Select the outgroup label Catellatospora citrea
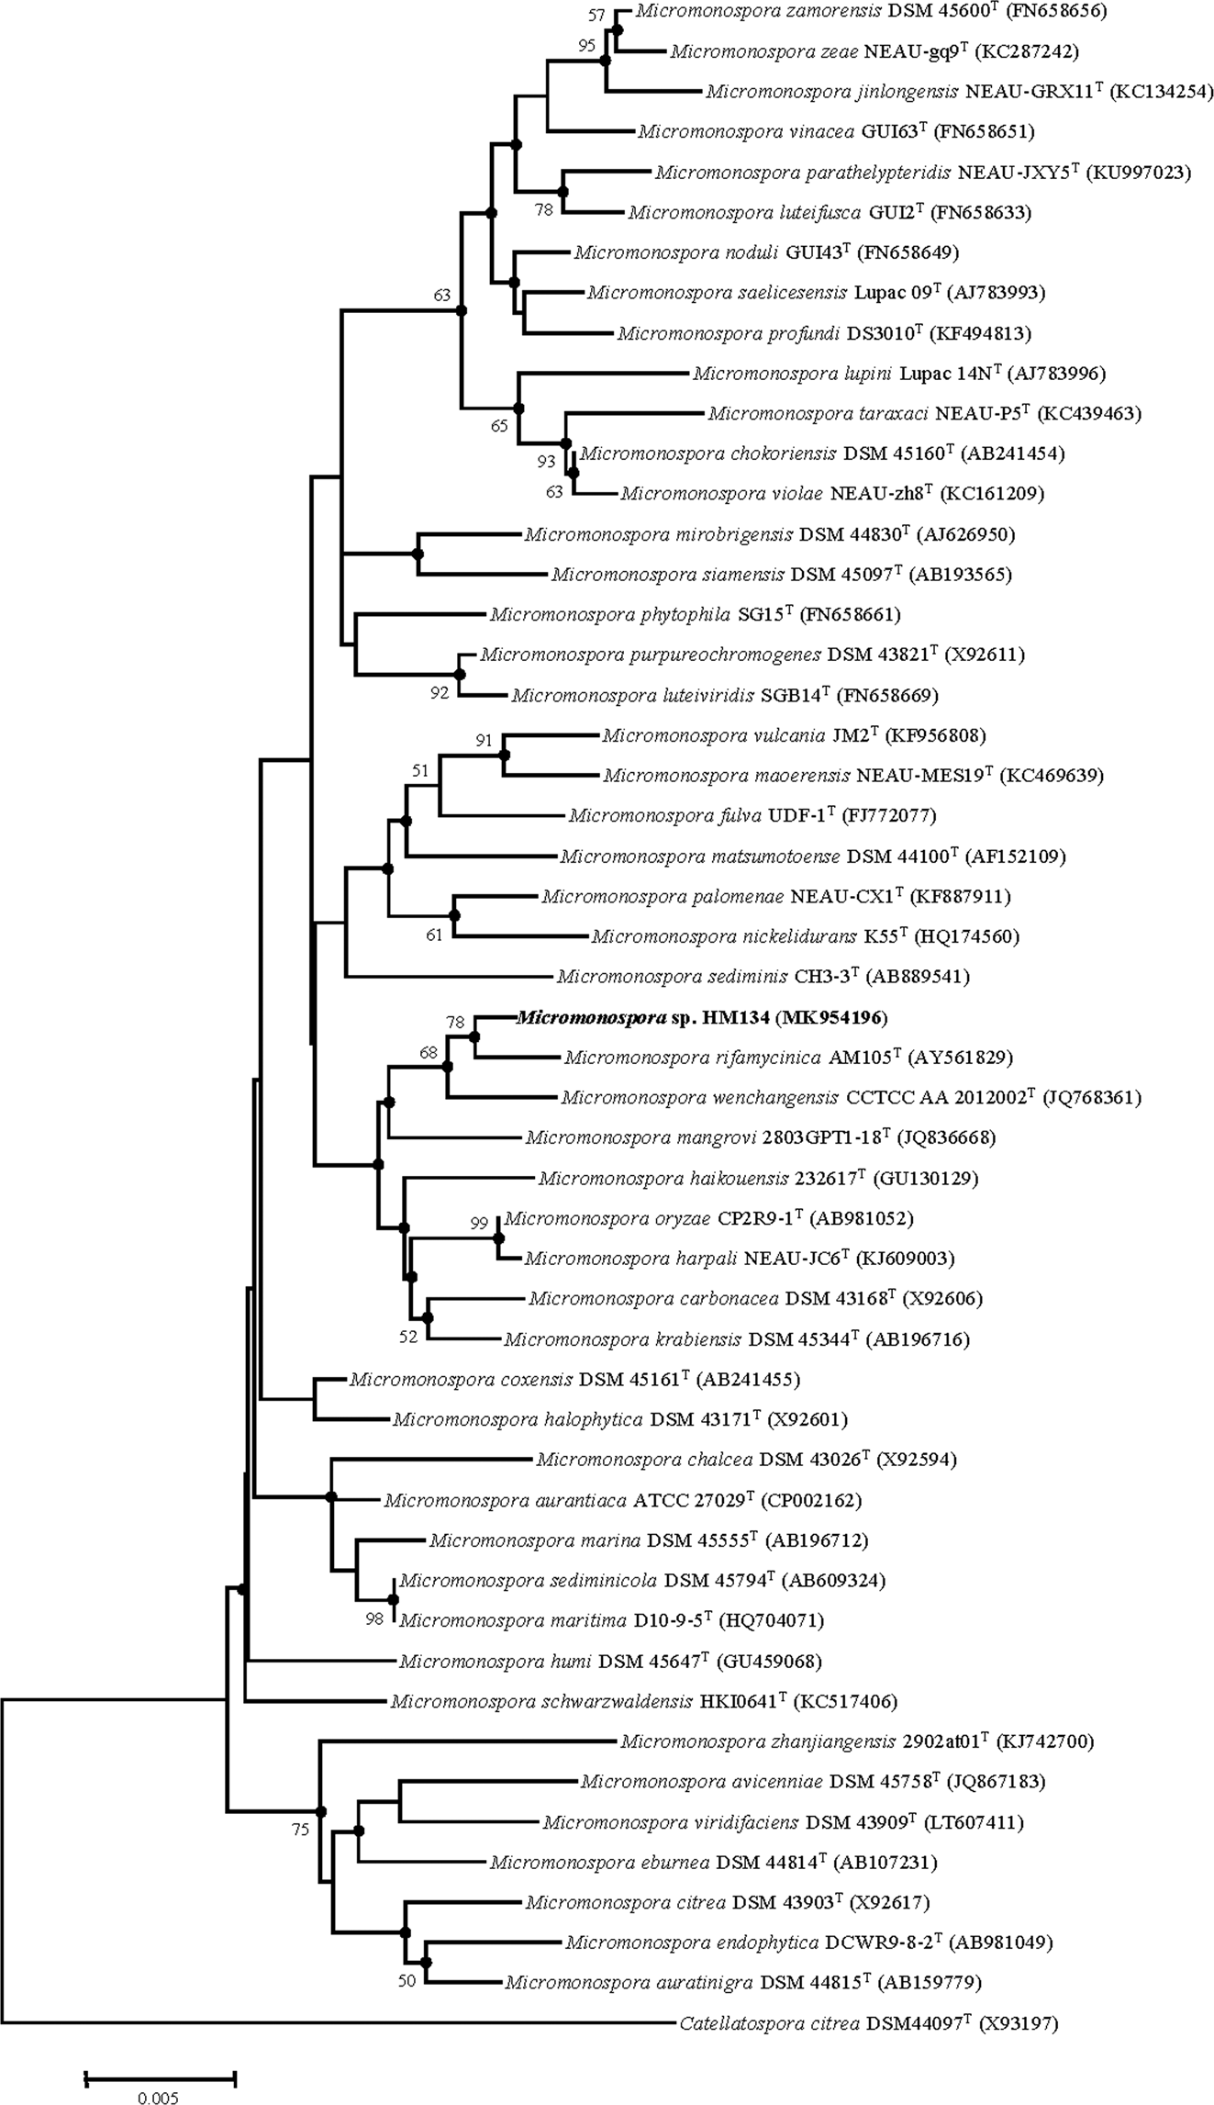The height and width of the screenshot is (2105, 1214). [x=769, y=2022]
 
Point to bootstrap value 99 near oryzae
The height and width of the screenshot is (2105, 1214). [x=479, y=1223]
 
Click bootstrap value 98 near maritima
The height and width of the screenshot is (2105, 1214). [x=374, y=1619]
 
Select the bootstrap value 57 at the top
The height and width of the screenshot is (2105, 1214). [x=597, y=16]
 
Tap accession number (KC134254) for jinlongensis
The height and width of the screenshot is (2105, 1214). [x=1162, y=91]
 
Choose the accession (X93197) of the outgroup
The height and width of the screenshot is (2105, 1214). [x=1019, y=2022]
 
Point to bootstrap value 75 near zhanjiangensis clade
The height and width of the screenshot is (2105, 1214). [x=300, y=1830]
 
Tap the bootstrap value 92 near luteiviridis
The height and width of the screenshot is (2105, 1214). [x=440, y=693]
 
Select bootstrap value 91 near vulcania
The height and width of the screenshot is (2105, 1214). [x=484, y=740]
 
